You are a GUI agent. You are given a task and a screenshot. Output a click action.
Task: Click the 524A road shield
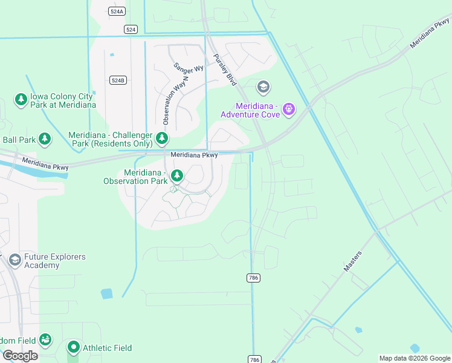(117, 11)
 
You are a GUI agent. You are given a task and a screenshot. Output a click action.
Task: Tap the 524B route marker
(118, 80)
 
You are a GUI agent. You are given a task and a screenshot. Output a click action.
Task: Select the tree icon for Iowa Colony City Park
(21, 99)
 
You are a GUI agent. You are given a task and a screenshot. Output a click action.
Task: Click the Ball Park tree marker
(45, 140)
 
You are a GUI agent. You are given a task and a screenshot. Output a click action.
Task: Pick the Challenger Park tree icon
(162, 138)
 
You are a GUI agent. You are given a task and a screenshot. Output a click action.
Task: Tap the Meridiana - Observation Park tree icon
(177, 176)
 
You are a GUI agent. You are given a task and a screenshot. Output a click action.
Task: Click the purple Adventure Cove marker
(289, 109)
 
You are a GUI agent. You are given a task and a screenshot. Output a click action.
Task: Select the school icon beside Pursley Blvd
(263, 88)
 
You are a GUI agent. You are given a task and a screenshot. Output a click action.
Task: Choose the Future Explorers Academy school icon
(15, 260)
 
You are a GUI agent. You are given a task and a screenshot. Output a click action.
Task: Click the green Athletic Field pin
(74, 348)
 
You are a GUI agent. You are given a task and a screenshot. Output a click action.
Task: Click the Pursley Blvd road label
(224, 70)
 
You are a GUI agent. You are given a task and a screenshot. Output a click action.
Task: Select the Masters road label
(352, 261)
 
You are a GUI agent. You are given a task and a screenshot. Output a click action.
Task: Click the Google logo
(20, 356)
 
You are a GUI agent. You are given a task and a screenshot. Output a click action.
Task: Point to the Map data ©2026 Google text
(414, 358)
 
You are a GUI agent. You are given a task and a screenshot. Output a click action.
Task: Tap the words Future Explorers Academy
(54, 261)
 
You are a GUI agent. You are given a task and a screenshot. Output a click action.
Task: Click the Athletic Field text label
(107, 348)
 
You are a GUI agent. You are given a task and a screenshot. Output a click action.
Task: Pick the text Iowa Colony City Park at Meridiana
(63, 100)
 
